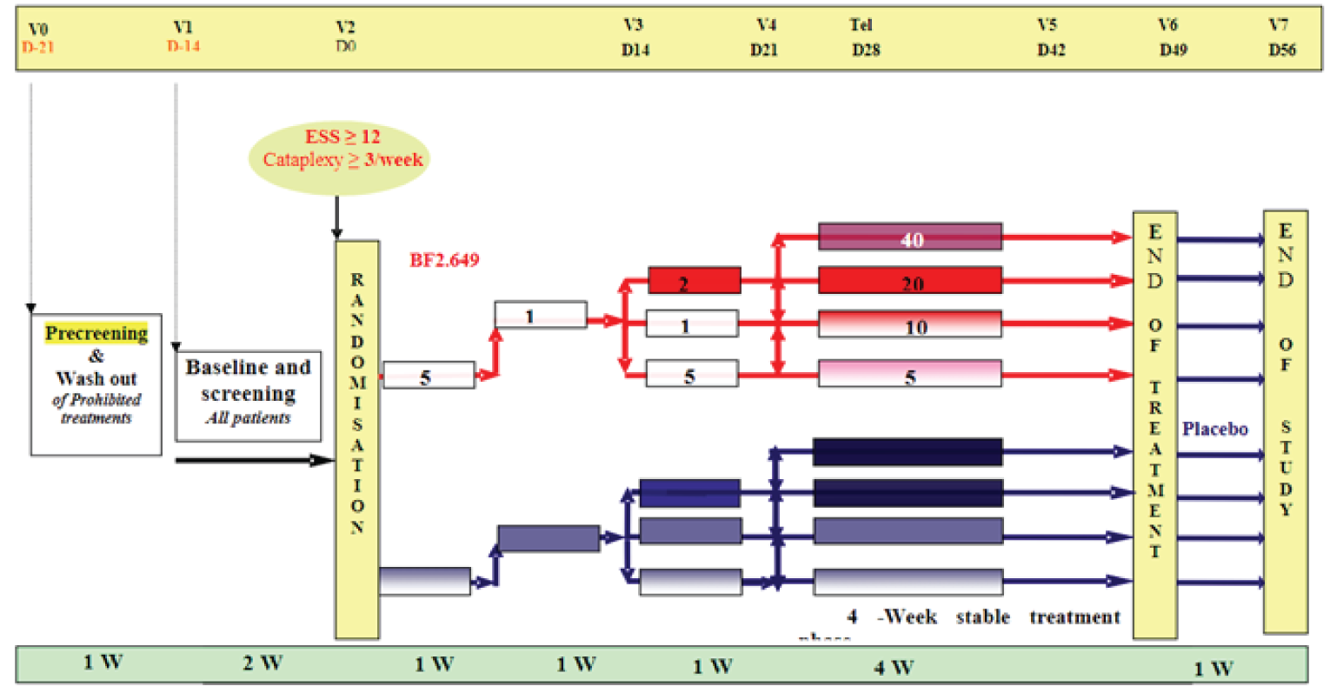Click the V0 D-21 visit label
coord(37,38)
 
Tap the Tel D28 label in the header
coord(865,38)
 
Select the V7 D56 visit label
coord(1281,38)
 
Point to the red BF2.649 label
coord(444,260)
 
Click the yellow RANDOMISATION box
coord(357,439)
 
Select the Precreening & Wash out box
coord(96,384)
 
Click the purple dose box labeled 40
coord(909,237)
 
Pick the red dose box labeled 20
coord(909,281)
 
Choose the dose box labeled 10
coord(909,325)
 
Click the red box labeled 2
coord(694,282)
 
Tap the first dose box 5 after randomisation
coord(429,376)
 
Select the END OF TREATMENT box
coord(1154,426)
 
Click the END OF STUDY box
coord(1285,422)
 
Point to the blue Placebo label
coord(1214,429)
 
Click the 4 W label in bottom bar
coord(893,667)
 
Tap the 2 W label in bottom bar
coord(263,663)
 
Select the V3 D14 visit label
coord(635,38)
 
